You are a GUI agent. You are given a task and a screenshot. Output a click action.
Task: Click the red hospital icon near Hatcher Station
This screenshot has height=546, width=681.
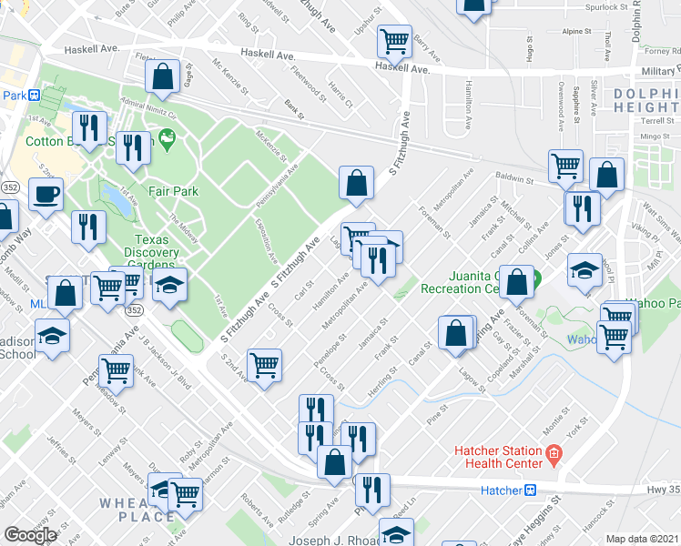552,452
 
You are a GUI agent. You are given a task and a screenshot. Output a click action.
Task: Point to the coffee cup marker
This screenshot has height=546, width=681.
45,194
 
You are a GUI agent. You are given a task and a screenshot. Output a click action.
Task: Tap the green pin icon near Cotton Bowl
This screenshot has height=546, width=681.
166,139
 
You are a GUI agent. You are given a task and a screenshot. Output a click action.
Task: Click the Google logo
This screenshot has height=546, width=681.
30,535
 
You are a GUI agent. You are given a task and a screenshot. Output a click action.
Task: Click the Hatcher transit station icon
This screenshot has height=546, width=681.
530,490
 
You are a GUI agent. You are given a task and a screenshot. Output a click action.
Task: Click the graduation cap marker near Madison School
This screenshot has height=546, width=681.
53,333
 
